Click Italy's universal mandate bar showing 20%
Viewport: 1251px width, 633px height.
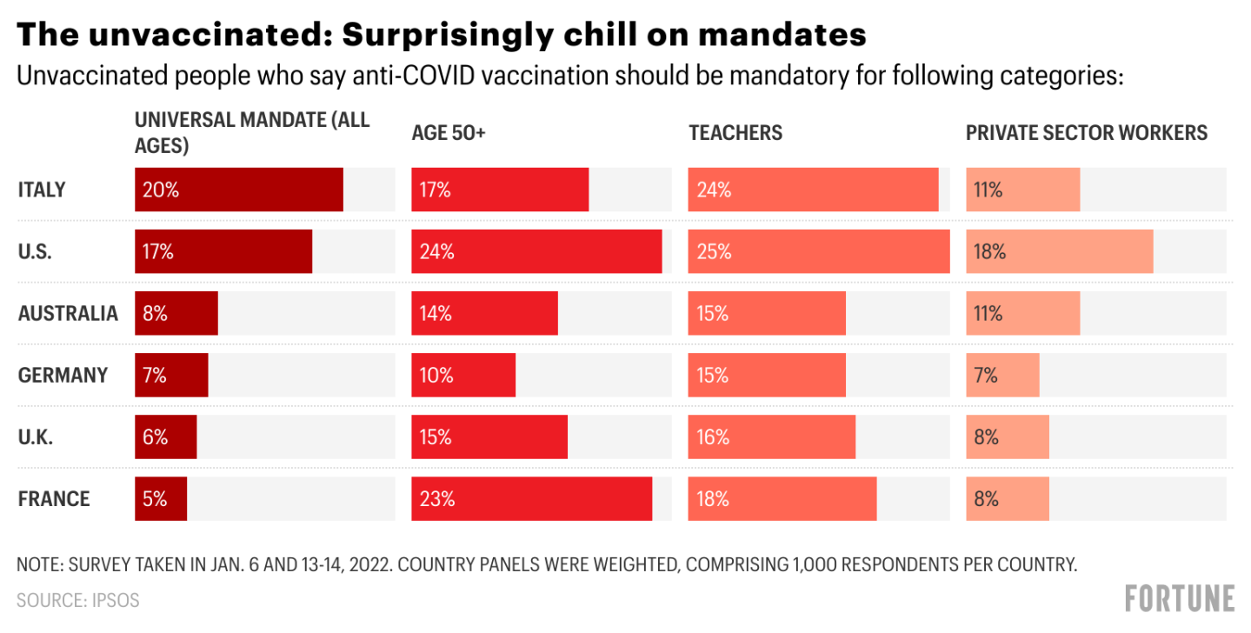pyautogui.click(x=239, y=190)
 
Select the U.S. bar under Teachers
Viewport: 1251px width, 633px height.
pyautogui.click(x=818, y=251)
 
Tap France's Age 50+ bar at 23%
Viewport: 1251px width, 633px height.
pyautogui.click(x=531, y=499)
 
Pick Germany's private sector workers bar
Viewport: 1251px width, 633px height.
pyautogui.click(x=1002, y=376)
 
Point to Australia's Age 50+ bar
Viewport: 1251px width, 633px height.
pyautogui.click(x=484, y=313)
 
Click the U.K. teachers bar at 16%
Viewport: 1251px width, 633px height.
pyautogui.click(x=771, y=437)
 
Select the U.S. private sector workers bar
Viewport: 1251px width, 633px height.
pyautogui.click(x=1059, y=251)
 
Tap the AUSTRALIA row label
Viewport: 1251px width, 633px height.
pyautogui.click(x=68, y=314)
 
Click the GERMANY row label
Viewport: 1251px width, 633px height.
pyautogui.click(x=63, y=376)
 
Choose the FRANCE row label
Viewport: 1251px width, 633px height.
pyautogui.click(x=54, y=499)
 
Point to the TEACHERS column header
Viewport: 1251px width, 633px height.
pyautogui.click(x=735, y=133)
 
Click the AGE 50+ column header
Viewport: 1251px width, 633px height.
pyautogui.click(x=449, y=133)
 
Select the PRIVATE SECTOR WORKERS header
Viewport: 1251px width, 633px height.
pyautogui.click(x=1087, y=133)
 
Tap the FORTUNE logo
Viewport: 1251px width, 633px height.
pyautogui.click(x=1179, y=598)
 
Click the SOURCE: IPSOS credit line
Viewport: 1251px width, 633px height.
pyautogui.click(x=77, y=600)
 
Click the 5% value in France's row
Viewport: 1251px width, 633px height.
pyautogui.click(x=155, y=499)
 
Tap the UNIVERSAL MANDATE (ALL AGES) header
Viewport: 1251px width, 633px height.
pyautogui.click(x=252, y=133)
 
